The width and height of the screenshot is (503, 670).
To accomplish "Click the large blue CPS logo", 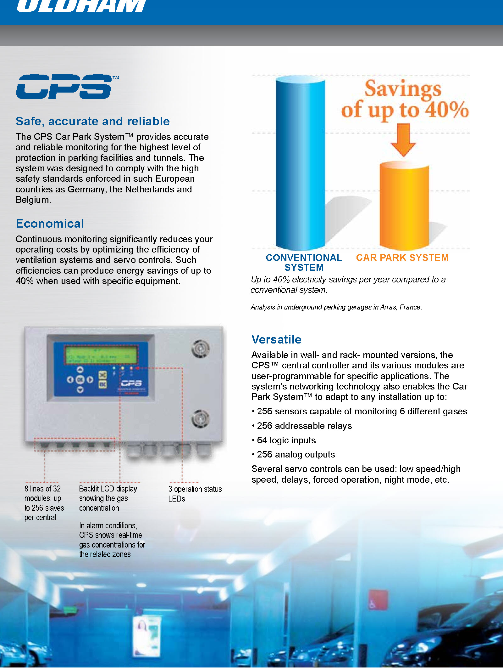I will coord(64,87).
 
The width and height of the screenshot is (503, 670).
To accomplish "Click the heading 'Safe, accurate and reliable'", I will coord(93,121).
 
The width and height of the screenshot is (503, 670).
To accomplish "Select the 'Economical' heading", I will coord(50,224).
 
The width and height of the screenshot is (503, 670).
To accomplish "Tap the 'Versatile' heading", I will coord(276,339).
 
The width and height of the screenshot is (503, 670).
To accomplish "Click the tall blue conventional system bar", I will coord(300,164).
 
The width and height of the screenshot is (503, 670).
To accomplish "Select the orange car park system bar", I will coord(404,205).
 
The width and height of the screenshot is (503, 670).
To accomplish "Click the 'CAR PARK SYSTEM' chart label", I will coord(402,258).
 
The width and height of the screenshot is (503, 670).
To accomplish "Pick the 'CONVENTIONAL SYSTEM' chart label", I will coord(304,263).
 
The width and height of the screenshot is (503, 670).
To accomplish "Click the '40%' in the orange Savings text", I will coord(447,110).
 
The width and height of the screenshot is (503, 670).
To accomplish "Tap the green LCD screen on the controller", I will coord(101,355).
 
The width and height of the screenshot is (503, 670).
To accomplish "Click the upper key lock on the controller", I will coord(200,349).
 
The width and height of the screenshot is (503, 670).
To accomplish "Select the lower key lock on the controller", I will coord(200,418).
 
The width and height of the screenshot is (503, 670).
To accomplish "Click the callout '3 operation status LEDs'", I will coord(195,494).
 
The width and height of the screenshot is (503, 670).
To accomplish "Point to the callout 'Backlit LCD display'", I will coord(108,489).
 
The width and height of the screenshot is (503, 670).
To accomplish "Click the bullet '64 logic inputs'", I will coord(286,440).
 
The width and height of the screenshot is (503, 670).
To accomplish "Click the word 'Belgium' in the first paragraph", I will coord(33,200).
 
